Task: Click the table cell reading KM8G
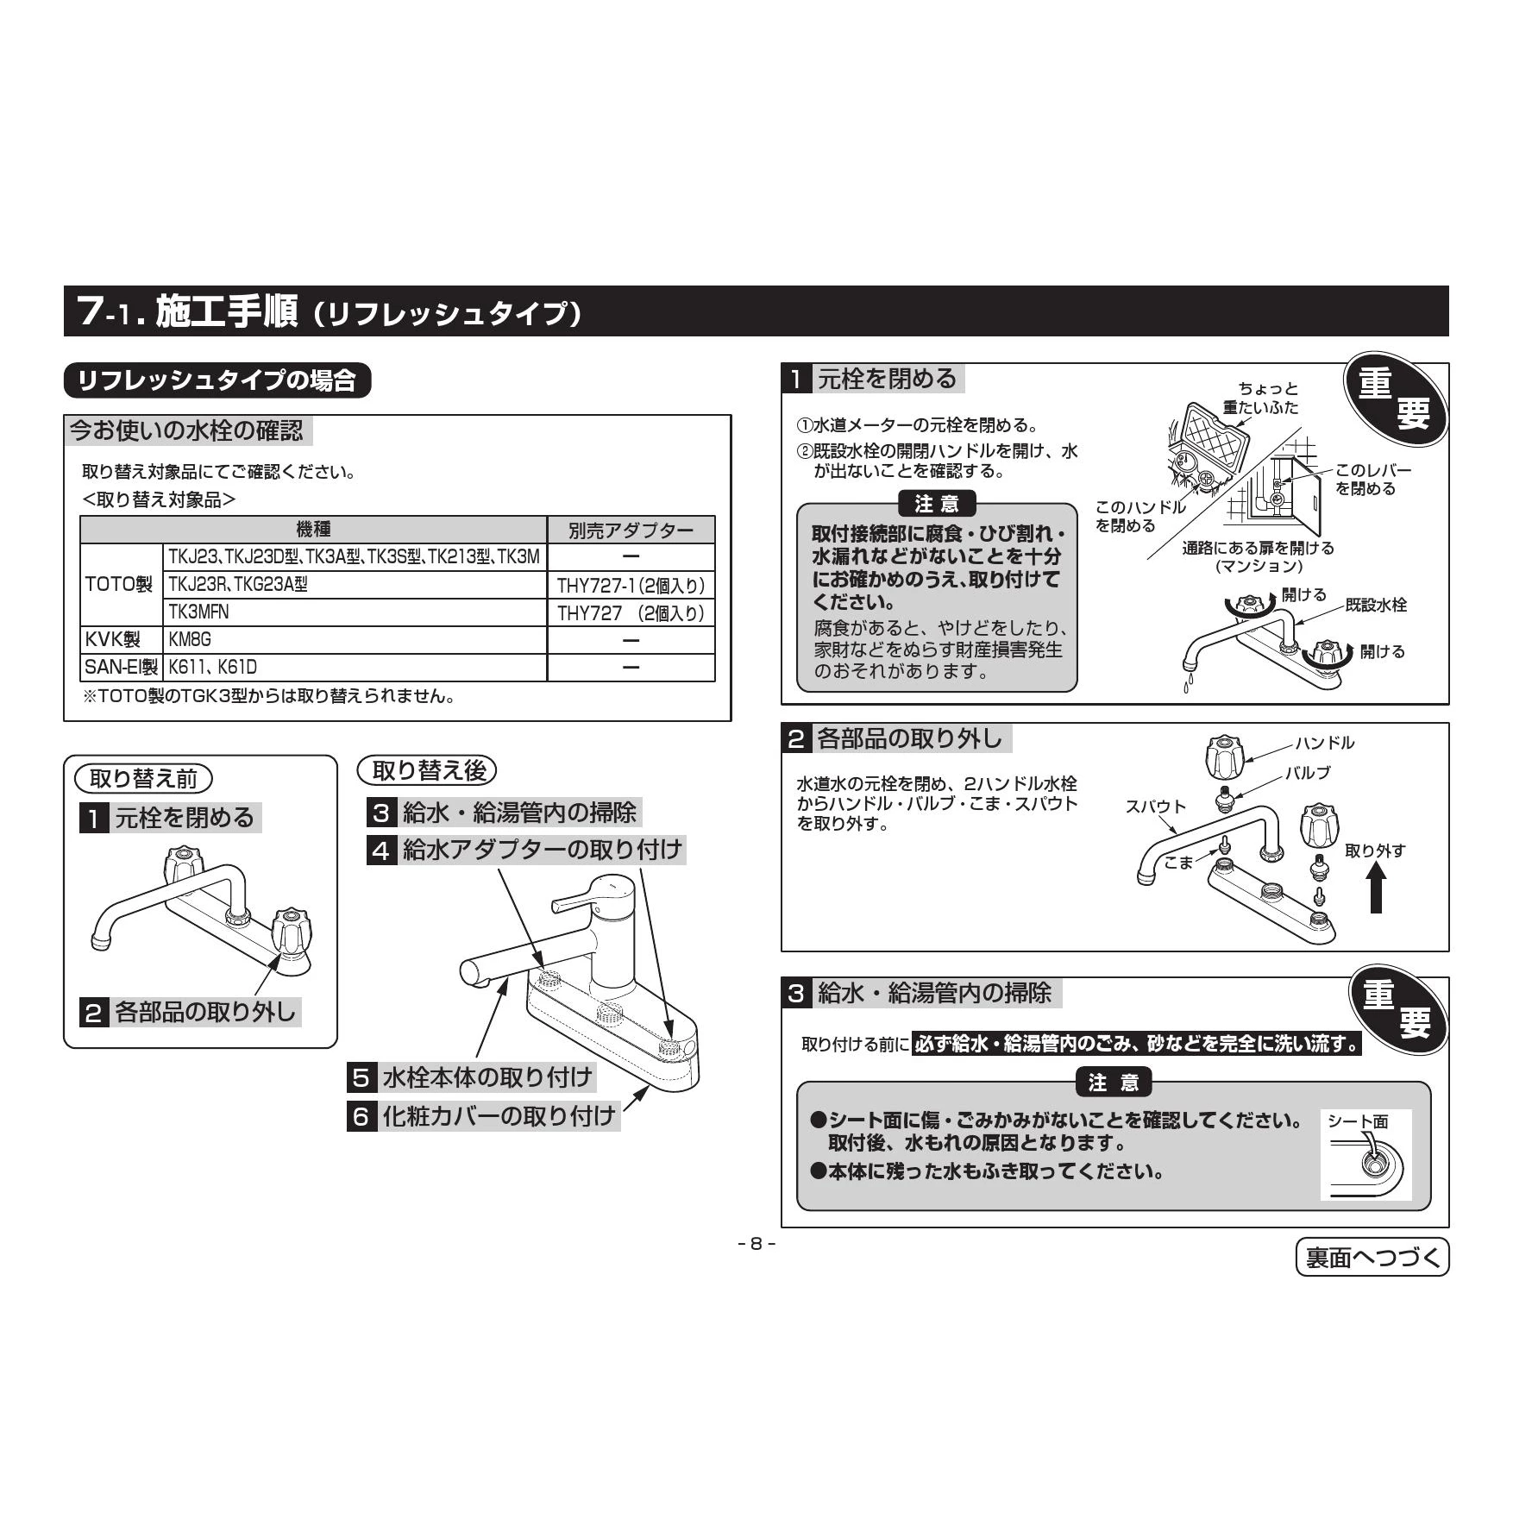pyautogui.click(x=355, y=640)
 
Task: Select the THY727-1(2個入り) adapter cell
pyautogui.click(x=631, y=586)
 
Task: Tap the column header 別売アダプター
pyautogui.click(x=631, y=530)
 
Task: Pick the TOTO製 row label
pyautogui.click(x=121, y=585)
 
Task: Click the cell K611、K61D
pyautogui.click(x=355, y=668)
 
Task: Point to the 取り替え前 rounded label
pyautogui.click(x=143, y=779)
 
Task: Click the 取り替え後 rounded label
pyautogui.click(x=427, y=770)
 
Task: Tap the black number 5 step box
pyautogui.click(x=361, y=1078)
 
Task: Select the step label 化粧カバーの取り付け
pyautogui.click(x=499, y=1116)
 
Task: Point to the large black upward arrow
pyautogui.click(x=1377, y=888)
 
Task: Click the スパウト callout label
pyautogui.click(x=1156, y=807)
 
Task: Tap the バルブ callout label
pyautogui.click(x=1309, y=773)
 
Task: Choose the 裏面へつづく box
pyautogui.click(x=1373, y=1257)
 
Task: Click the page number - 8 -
pyautogui.click(x=756, y=1244)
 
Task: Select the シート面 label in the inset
pyautogui.click(x=1358, y=1121)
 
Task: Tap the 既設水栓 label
pyautogui.click(x=1376, y=606)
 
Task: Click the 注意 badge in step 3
pyautogui.click(x=1114, y=1083)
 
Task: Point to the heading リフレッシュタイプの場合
pyautogui.click(x=217, y=380)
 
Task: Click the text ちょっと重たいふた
pyautogui.click(x=1261, y=399)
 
